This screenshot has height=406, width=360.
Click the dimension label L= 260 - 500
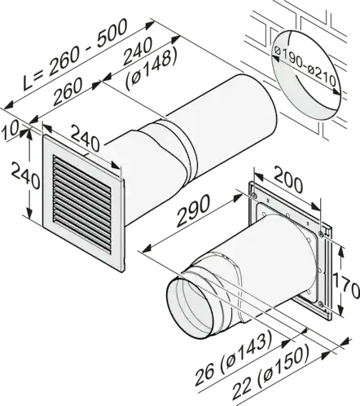coord(75,55)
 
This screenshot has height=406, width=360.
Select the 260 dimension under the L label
coord(68,92)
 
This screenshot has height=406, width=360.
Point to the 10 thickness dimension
coord(10,131)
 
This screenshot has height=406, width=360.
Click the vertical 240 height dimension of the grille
coord(25,173)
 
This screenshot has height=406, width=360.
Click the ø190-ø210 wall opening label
coord(305,68)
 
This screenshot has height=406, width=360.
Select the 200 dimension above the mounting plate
coord(288,181)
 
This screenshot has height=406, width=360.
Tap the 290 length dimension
coord(193,210)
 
